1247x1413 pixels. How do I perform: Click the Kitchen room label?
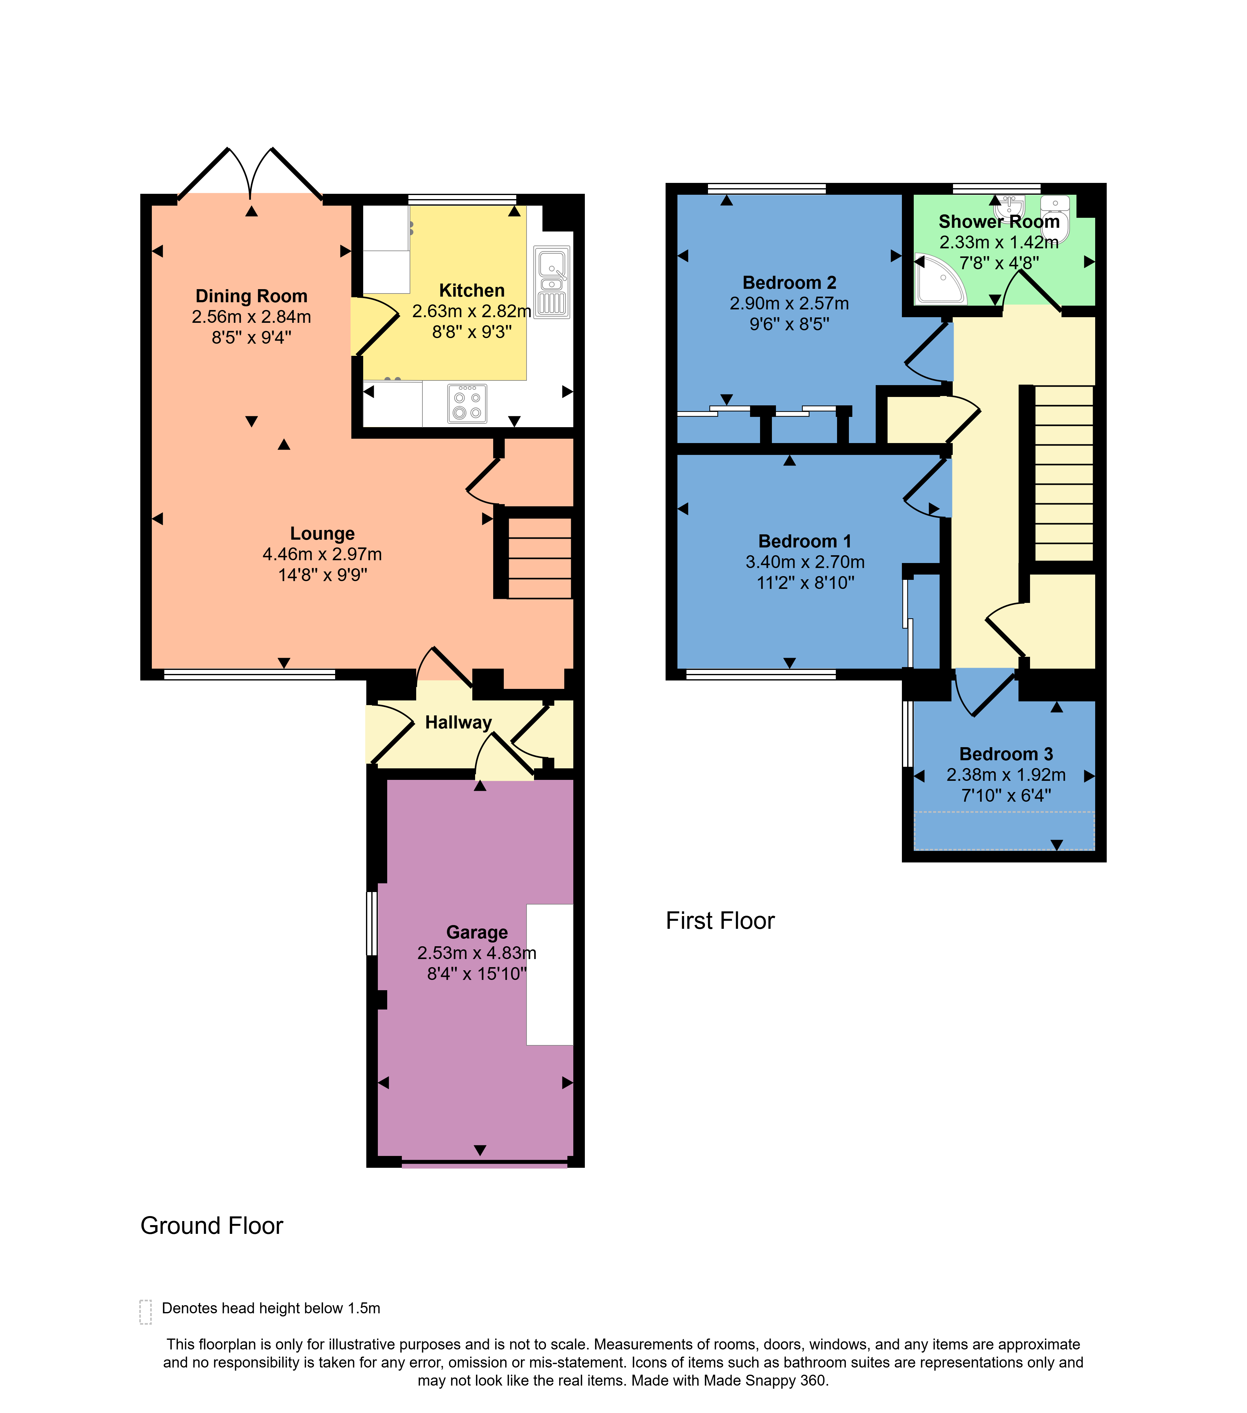[472, 290]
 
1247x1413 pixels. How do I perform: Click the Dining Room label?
[251, 296]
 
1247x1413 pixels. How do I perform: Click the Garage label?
[477, 933]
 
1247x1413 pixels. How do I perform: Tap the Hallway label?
[458, 723]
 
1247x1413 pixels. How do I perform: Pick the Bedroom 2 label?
[789, 283]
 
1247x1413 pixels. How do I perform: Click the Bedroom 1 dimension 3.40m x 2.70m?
[804, 562]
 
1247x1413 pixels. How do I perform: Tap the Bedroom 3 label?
[1006, 754]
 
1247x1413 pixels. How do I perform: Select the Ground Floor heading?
[212, 1226]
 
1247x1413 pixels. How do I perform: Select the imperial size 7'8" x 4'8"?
[999, 263]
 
